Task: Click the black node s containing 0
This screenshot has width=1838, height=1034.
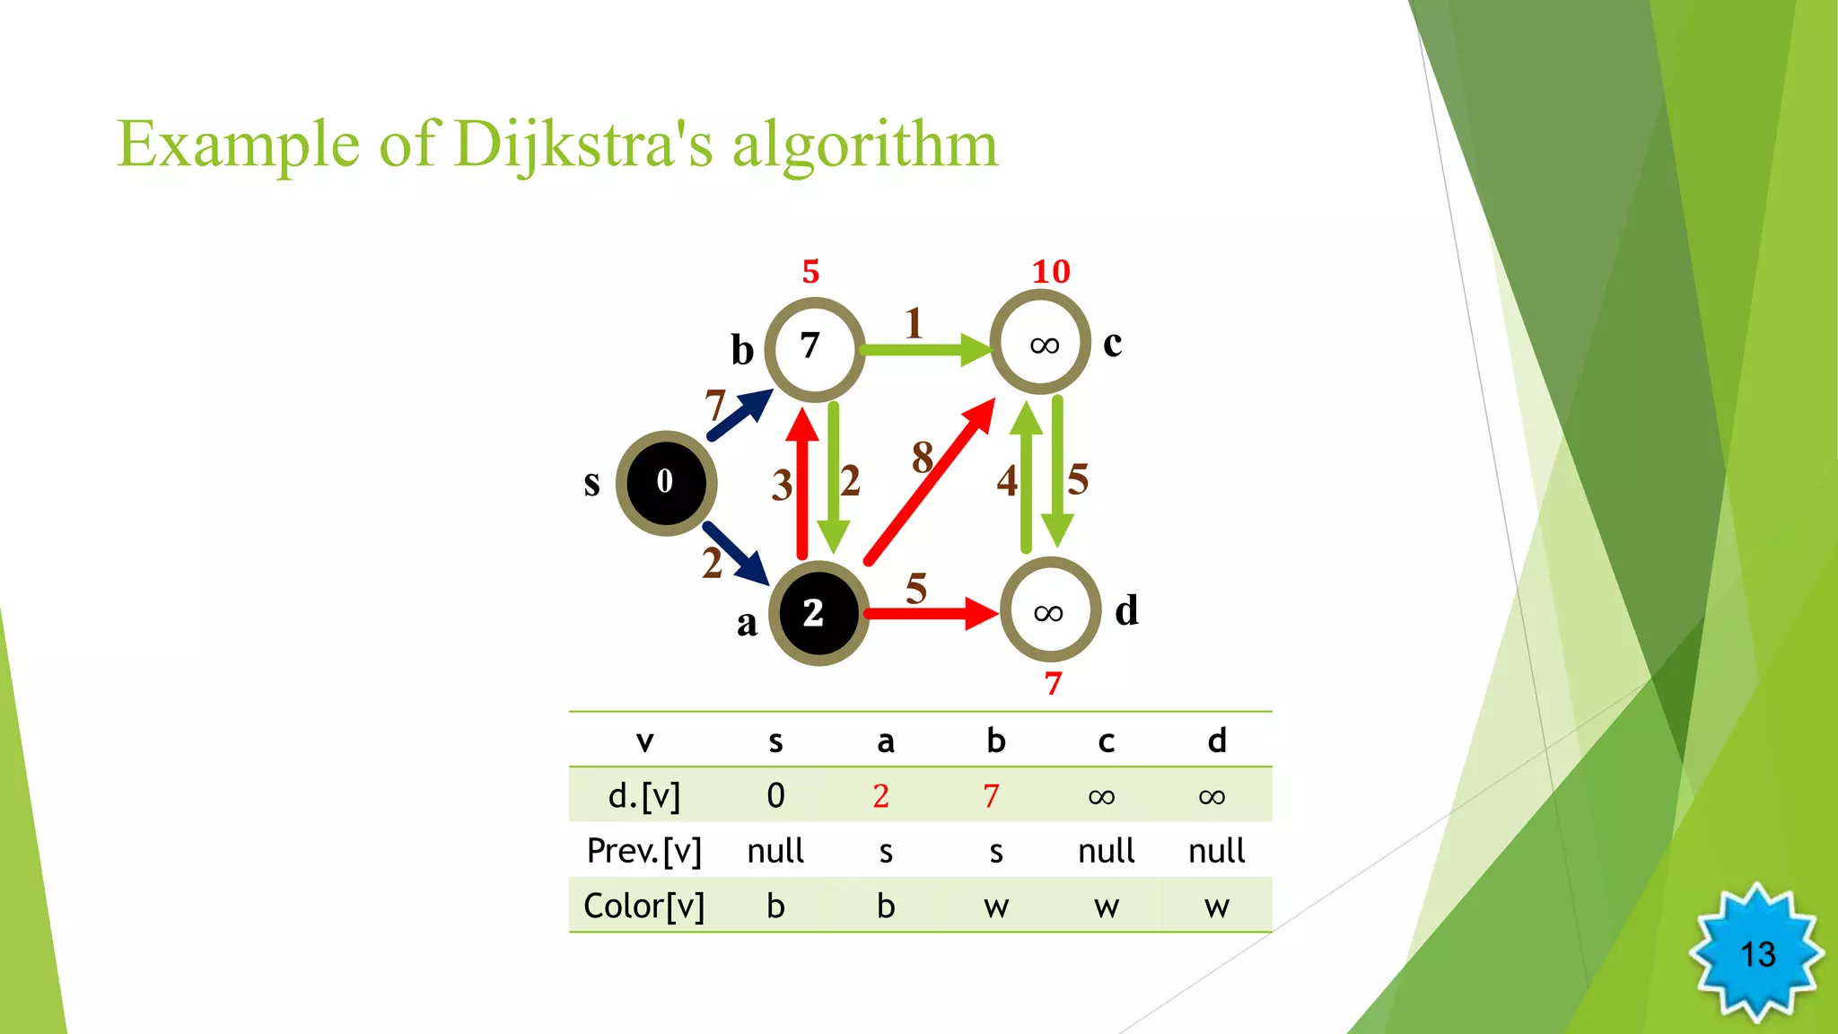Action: pyautogui.click(x=666, y=483)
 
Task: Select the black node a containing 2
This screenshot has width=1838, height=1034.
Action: pyautogui.click(x=818, y=613)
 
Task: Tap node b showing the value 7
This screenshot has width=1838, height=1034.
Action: pyautogui.click(x=814, y=348)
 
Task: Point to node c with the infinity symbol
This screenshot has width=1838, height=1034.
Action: pyautogui.click(x=1040, y=343)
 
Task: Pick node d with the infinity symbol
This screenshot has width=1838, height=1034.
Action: pyautogui.click(x=1050, y=610)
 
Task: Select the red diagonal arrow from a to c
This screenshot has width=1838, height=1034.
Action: pyautogui.click(x=930, y=482)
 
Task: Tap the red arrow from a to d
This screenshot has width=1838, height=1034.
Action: pyautogui.click(x=930, y=614)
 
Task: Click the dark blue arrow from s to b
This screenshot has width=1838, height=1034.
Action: pyautogui.click(x=739, y=415)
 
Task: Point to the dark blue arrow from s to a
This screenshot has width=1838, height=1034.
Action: pyautogui.click(x=736, y=552)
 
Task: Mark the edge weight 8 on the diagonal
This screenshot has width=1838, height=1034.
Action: pyautogui.click(x=922, y=458)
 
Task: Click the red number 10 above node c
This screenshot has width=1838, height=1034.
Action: pyautogui.click(x=1051, y=271)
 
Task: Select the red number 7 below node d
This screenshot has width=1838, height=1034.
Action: pyautogui.click(x=1053, y=684)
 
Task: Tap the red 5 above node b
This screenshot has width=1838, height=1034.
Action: pyautogui.click(x=810, y=271)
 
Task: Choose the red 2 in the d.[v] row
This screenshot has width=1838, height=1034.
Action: pyautogui.click(x=880, y=796)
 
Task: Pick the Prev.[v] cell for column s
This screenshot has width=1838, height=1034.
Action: pyautogui.click(x=775, y=851)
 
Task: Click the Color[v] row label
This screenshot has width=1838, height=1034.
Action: pyautogui.click(x=643, y=906)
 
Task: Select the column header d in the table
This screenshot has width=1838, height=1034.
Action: pyautogui.click(x=1216, y=741)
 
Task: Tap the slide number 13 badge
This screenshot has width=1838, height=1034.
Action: pyautogui.click(x=1757, y=953)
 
